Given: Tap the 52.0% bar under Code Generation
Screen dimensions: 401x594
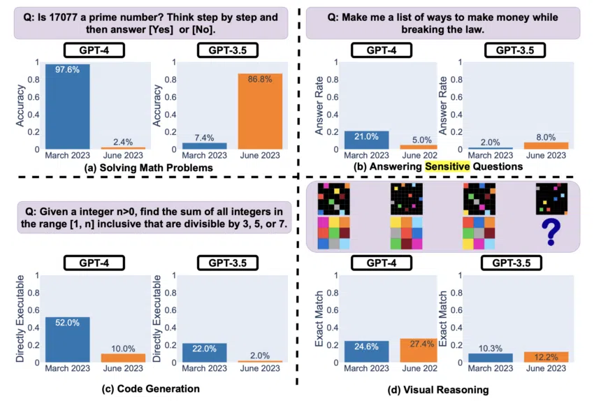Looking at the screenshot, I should (x=68, y=340).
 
